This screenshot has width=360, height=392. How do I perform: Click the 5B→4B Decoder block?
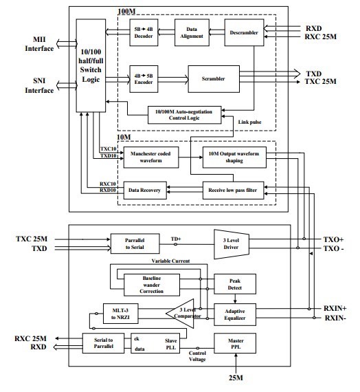(x=144, y=32)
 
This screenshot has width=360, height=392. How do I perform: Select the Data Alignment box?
(x=192, y=32)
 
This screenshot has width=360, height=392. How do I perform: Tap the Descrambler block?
(x=244, y=32)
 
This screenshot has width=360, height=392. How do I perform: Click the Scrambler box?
(x=214, y=79)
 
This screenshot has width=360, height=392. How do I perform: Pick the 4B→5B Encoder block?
(x=144, y=79)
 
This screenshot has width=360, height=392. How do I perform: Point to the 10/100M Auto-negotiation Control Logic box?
(x=184, y=115)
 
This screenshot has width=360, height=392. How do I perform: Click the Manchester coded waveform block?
(x=151, y=157)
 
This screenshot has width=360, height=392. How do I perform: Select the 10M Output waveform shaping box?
(x=234, y=157)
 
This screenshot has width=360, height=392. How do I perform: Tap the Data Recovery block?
(x=145, y=190)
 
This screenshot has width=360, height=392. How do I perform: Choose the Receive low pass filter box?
(x=233, y=190)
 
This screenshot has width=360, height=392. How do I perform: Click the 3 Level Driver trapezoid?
(x=232, y=244)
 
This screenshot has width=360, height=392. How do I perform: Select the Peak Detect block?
(x=235, y=284)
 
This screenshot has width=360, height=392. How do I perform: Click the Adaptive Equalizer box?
(x=235, y=314)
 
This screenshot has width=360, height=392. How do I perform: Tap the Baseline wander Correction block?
(x=152, y=285)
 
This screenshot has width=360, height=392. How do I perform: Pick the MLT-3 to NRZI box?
(x=120, y=314)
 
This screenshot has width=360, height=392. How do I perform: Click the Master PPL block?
(x=235, y=343)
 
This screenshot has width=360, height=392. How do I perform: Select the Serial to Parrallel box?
(x=103, y=343)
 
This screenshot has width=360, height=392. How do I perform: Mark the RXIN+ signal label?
(x=335, y=308)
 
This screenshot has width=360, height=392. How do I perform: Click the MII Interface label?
(x=39, y=44)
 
